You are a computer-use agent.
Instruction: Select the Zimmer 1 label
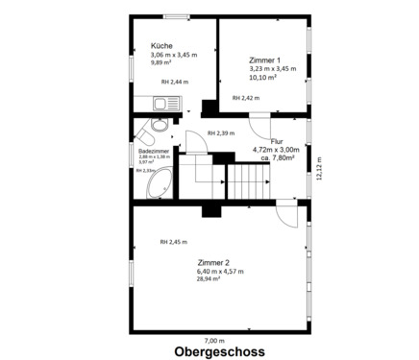pos(264,59)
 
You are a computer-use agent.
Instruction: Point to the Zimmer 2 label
pos(212,262)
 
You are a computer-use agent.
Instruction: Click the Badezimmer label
pos(154,150)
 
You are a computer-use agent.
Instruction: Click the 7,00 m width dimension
pos(214,339)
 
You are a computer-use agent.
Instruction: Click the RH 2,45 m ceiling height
pos(174,241)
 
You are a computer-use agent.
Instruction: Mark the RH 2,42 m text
pos(246,98)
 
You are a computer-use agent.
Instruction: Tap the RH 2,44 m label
pos(174,82)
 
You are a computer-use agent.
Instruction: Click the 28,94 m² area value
pos(209,279)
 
